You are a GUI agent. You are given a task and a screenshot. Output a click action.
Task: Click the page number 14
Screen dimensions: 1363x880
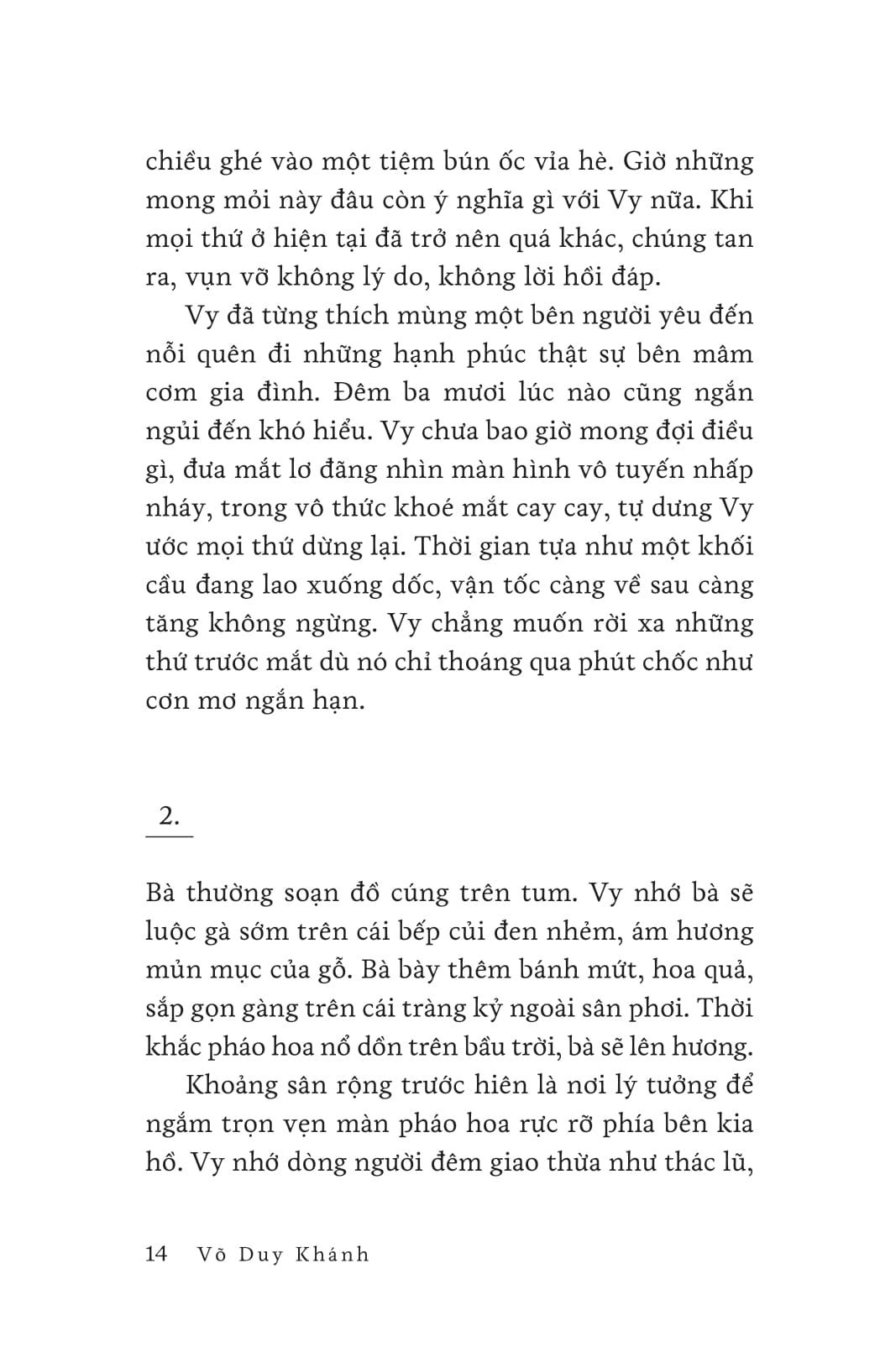tap(157, 1254)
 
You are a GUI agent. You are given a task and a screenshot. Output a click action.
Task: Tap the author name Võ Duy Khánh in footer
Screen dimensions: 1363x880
tap(282, 1255)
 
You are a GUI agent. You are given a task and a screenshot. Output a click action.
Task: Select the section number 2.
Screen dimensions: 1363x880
tap(169, 815)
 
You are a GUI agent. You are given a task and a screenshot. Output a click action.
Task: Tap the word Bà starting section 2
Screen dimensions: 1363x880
tap(160, 892)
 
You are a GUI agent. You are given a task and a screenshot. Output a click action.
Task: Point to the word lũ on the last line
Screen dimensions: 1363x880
tap(737, 1162)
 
